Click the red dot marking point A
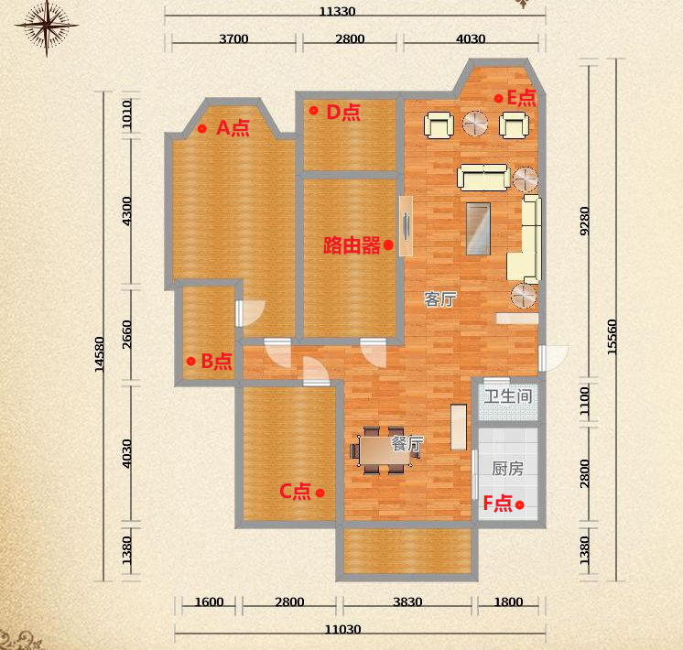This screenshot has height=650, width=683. (x=201, y=128)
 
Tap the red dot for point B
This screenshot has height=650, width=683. (x=190, y=361)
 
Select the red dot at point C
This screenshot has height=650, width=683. (x=320, y=493)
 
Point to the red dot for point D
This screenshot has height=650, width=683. (x=314, y=110)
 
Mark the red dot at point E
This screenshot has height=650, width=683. (x=499, y=99)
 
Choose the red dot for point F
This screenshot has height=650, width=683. (x=520, y=505)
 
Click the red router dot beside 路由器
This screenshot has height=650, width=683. (x=388, y=245)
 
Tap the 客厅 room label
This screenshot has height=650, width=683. (x=440, y=299)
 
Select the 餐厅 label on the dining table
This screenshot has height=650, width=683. (x=407, y=444)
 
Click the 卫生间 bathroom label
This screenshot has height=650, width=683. (x=508, y=396)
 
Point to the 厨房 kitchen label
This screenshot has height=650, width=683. (x=507, y=469)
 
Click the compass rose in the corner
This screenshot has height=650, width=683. (x=47, y=27)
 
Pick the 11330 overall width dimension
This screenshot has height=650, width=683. (x=337, y=11)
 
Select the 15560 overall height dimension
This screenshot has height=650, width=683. (x=612, y=337)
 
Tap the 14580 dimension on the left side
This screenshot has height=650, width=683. (x=100, y=354)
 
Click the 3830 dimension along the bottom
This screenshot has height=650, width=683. (x=407, y=601)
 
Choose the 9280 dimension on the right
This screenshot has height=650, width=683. (x=584, y=221)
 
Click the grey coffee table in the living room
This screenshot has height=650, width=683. (x=478, y=229)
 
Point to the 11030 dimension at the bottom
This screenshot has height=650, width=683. (x=343, y=630)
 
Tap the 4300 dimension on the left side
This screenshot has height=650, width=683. (x=126, y=211)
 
